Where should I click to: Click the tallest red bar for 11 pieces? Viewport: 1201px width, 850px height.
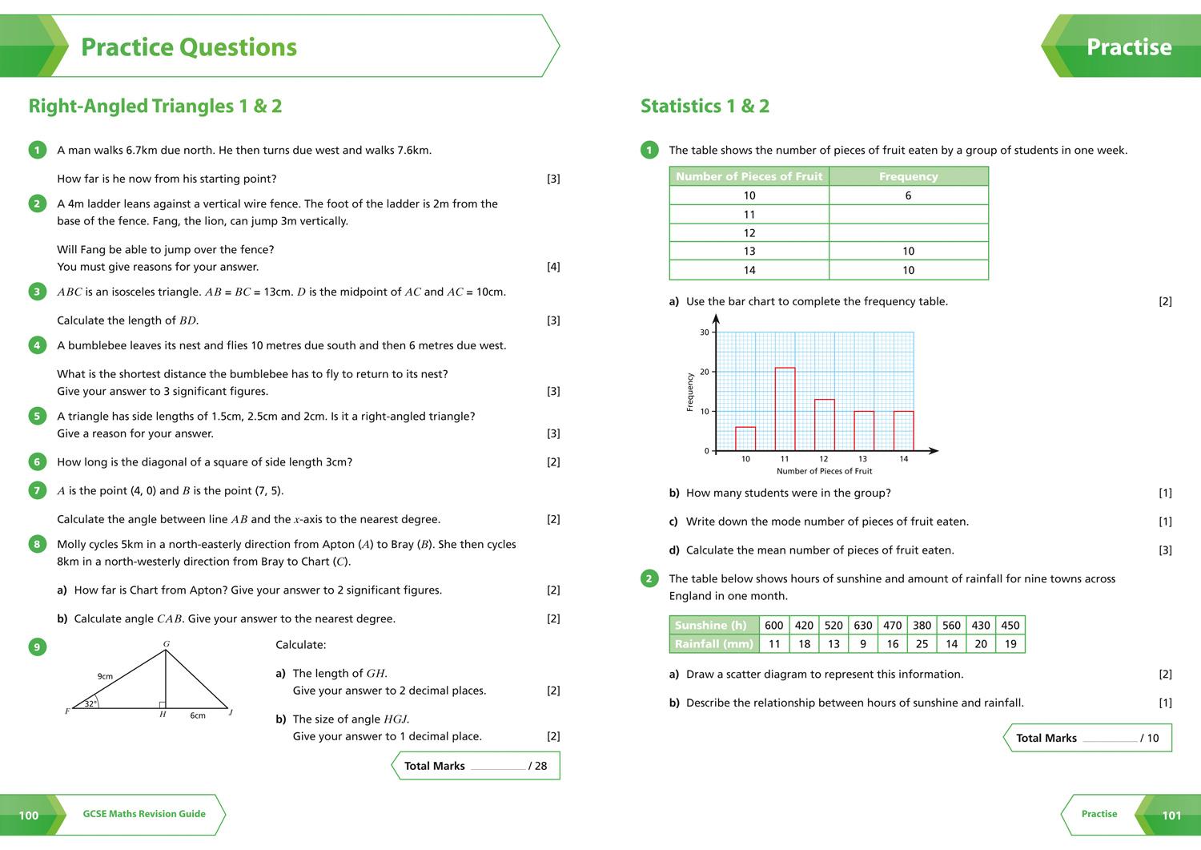[x=785, y=409]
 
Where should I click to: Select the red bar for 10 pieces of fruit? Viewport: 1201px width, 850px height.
[x=745, y=438]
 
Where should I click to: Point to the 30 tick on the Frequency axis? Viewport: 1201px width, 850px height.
[x=705, y=332]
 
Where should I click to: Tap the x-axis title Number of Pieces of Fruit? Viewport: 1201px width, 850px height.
[x=824, y=471]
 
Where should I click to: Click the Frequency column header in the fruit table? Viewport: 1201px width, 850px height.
[x=908, y=176]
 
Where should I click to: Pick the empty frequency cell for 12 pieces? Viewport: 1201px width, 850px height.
[x=908, y=233]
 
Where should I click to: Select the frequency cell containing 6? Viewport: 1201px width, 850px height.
[x=908, y=195]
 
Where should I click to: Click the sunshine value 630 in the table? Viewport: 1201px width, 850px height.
[x=863, y=626]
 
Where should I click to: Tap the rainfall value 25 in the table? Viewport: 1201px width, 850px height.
[x=922, y=644]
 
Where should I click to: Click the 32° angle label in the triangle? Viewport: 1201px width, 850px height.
[x=90, y=704]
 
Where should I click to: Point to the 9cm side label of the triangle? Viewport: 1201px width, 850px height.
[x=105, y=676]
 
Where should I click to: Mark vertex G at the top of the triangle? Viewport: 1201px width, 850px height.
[x=167, y=644]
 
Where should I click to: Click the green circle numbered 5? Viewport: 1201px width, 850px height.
[x=37, y=416]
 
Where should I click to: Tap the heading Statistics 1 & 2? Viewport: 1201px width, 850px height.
[x=705, y=107]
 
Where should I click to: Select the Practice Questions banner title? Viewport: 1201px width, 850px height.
[x=189, y=47]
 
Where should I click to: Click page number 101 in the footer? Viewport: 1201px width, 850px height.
[x=1171, y=816]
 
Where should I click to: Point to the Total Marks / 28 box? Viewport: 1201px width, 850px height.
[x=476, y=766]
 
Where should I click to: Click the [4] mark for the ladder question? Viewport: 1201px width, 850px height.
[x=553, y=267]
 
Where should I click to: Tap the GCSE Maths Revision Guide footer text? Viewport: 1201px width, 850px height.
[x=144, y=814]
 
